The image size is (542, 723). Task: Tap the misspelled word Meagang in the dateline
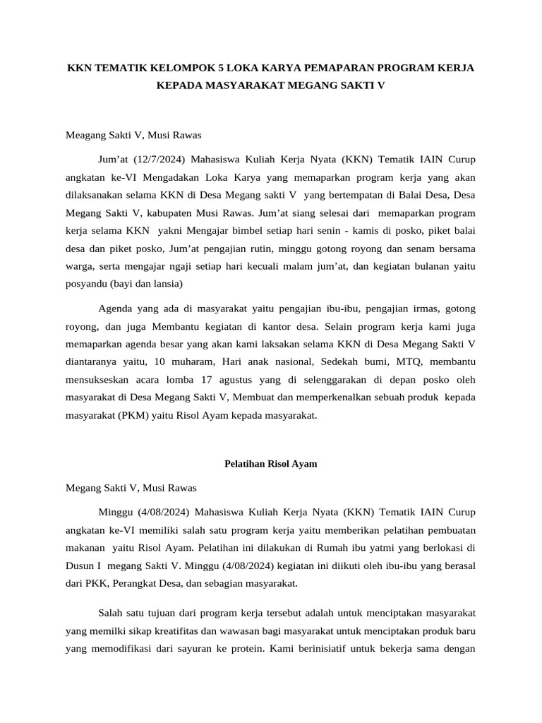point(86,133)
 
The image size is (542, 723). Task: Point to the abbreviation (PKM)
point(128,416)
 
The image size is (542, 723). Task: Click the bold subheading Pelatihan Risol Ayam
point(270,464)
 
